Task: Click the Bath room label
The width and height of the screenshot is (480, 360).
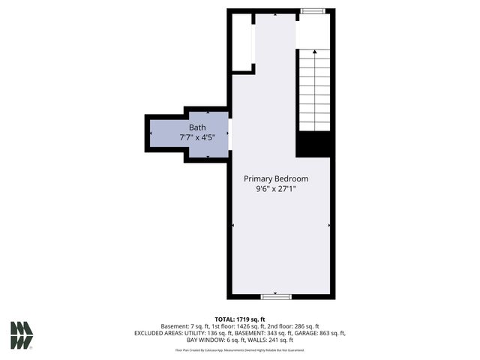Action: point(197,127)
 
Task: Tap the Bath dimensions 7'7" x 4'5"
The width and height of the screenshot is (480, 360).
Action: point(197,138)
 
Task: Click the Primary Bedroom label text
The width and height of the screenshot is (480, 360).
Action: point(276,179)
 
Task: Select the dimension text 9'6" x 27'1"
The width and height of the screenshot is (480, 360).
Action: point(276,190)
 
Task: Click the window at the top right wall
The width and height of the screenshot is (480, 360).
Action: point(313,11)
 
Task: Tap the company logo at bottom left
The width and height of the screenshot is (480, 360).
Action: point(21,334)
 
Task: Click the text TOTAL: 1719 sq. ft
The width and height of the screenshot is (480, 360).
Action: point(239,319)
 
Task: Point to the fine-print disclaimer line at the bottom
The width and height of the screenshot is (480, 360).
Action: point(239,349)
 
